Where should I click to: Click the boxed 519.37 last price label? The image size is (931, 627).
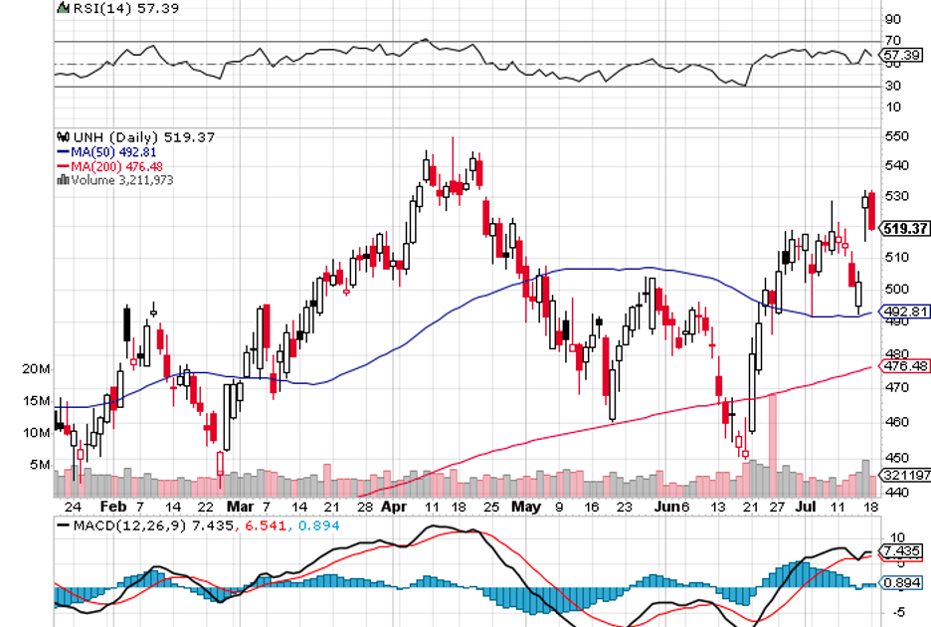[905, 228]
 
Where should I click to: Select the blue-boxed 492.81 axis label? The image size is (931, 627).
[905, 311]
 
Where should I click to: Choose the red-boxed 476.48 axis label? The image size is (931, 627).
[905, 366]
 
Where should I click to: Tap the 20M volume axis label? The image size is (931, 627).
[37, 369]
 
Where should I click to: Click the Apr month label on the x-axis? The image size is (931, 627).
[396, 506]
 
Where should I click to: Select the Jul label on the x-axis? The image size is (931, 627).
[807, 506]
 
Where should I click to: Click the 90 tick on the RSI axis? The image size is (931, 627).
[892, 19]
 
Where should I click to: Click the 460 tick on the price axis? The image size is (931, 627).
[897, 422]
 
